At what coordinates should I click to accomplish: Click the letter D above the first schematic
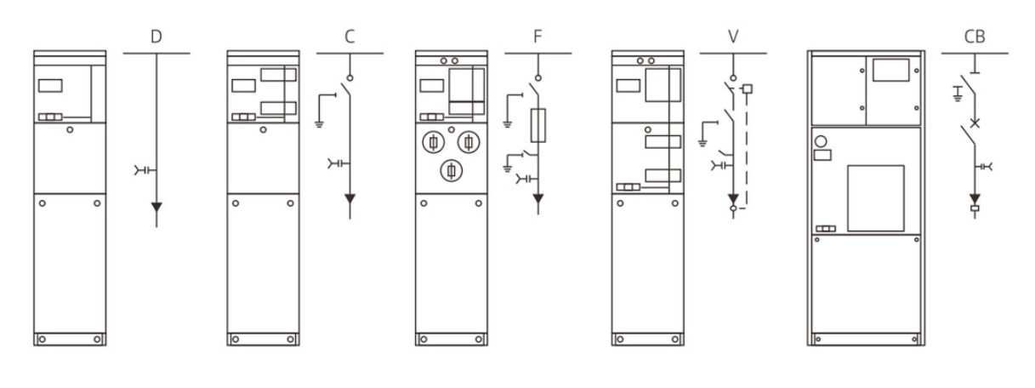pyautogui.click(x=156, y=37)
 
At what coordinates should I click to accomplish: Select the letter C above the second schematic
pyautogui.click(x=350, y=37)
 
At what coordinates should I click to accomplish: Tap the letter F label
pyautogui.click(x=537, y=37)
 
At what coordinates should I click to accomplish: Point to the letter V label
pyautogui.click(x=733, y=37)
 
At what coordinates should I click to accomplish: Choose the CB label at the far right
pyautogui.click(x=975, y=37)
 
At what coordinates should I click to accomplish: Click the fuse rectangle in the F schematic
pyautogui.click(x=538, y=125)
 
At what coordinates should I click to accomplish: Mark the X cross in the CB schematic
pyautogui.click(x=975, y=123)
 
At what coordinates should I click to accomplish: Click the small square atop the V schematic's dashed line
pyautogui.click(x=748, y=88)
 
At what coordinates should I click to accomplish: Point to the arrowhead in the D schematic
pyautogui.click(x=156, y=207)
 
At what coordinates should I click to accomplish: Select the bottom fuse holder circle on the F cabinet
pyautogui.click(x=452, y=171)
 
